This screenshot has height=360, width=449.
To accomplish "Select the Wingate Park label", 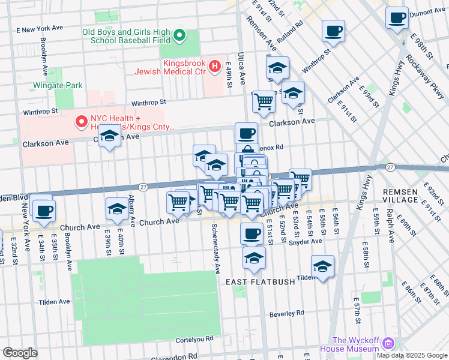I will tap(58, 86).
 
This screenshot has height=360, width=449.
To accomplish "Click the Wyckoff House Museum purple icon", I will tap(388, 344).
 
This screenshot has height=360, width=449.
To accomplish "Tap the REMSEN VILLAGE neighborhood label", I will tap(400, 195).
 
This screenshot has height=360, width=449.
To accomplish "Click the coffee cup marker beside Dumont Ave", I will tap(397, 18).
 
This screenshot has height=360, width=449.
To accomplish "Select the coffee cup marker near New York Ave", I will tap(44, 211).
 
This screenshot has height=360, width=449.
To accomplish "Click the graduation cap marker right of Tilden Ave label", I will tap(322, 267).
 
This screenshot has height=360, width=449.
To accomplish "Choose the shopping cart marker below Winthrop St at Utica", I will tap(264, 102).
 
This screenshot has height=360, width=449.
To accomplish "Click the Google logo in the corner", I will tap(20, 353).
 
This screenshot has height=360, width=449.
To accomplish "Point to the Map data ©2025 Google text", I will tap(411, 355).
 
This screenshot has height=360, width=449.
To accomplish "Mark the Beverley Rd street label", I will tap(287, 313).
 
